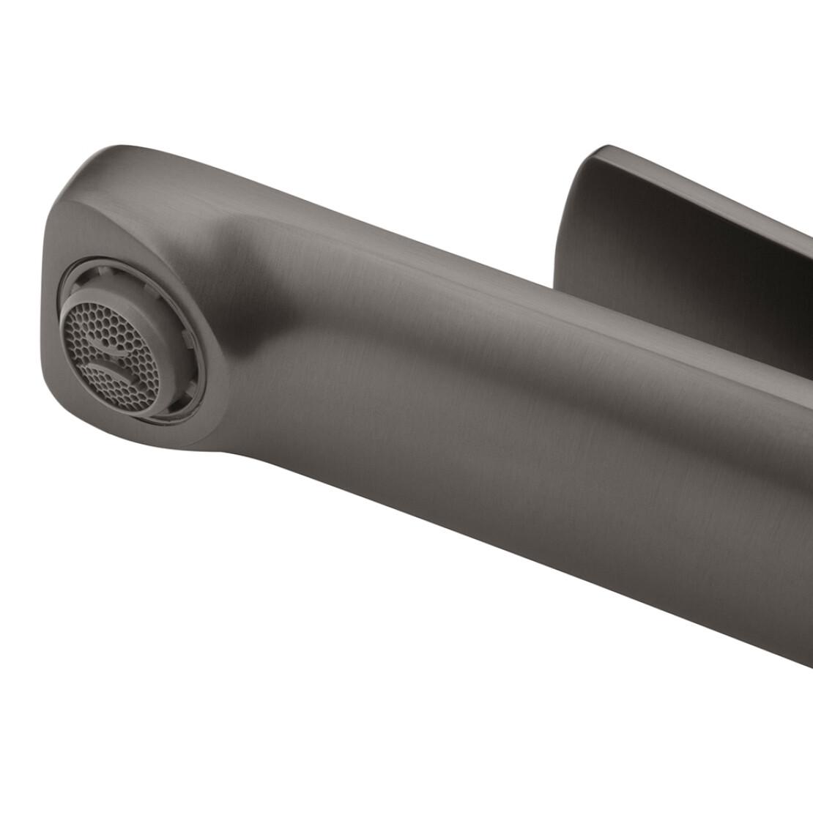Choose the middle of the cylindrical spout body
tap(476, 381)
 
